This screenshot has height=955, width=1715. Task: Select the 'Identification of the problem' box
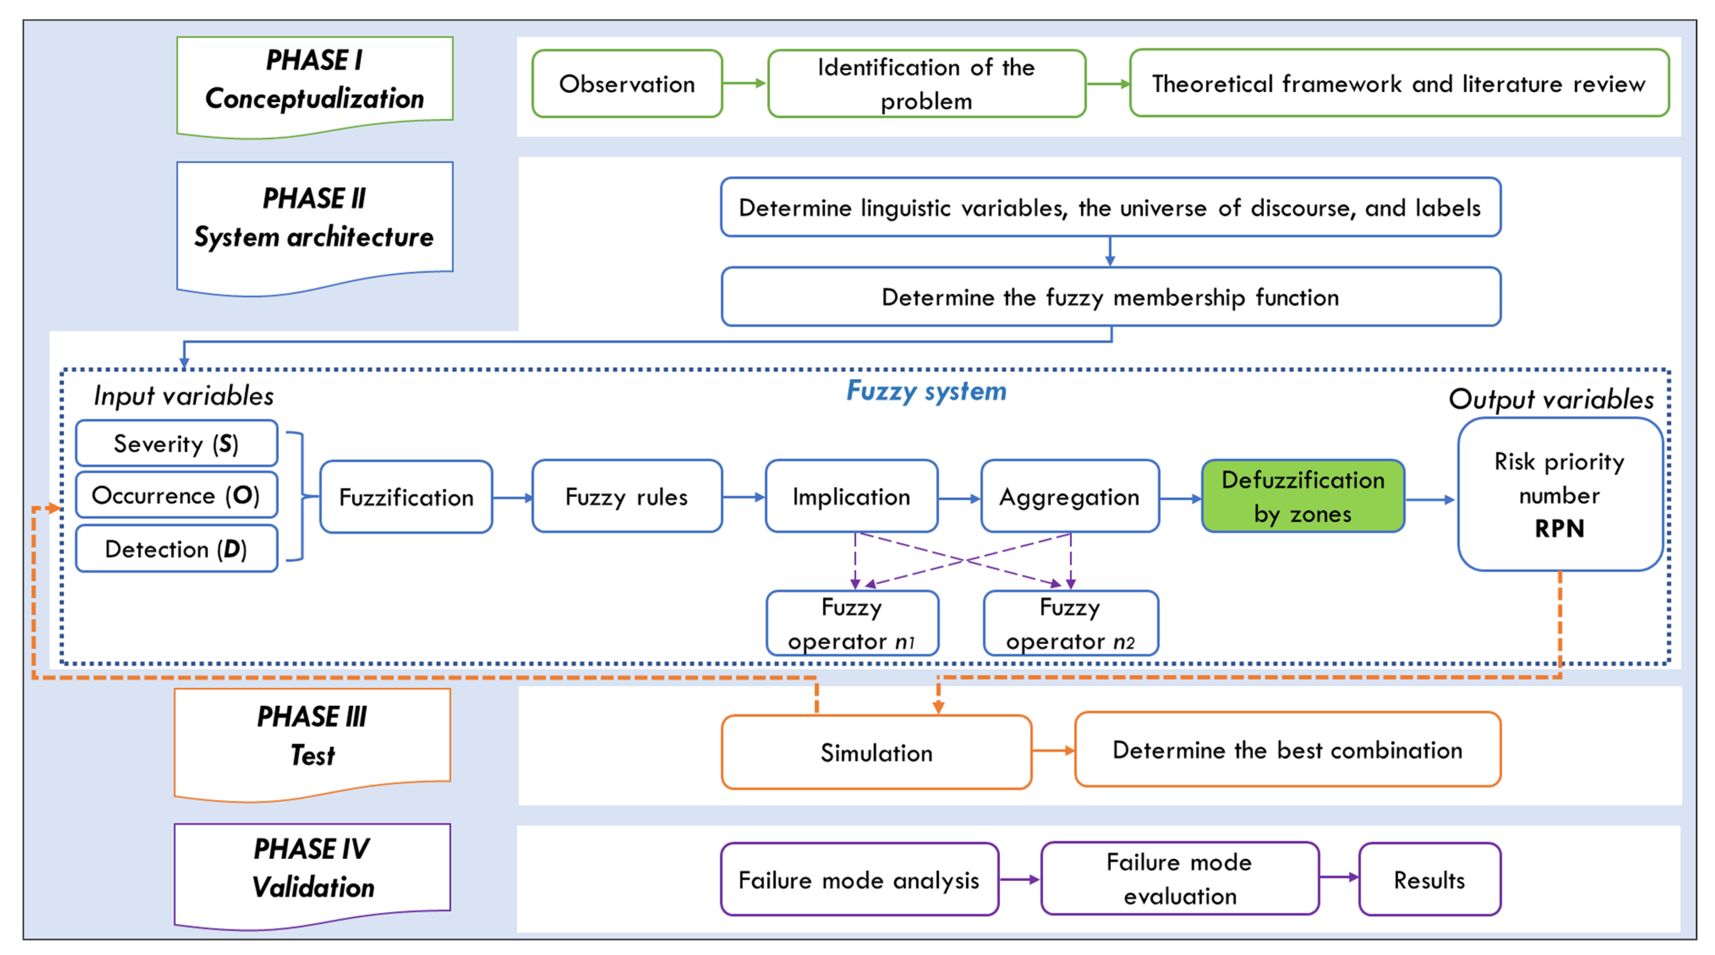tap(926, 84)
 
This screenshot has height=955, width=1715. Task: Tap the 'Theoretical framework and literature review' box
tap(1398, 84)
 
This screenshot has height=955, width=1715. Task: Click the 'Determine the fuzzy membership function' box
tap(1110, 297)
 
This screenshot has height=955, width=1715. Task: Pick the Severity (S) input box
tap(177, 444)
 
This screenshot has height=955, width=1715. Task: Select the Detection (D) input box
tap(177, 549)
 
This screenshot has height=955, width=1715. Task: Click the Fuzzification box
tap(406, 497)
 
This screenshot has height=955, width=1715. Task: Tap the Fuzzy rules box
tap(626, 497)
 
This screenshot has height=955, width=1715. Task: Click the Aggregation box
tap(1069, 497)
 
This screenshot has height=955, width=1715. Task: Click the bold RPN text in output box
tap(1559, 529)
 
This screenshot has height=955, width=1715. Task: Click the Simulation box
tap(876, 753)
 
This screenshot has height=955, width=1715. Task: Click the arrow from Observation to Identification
tap(744, 83)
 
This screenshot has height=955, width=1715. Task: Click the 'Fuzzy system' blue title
tap(926, 391)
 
